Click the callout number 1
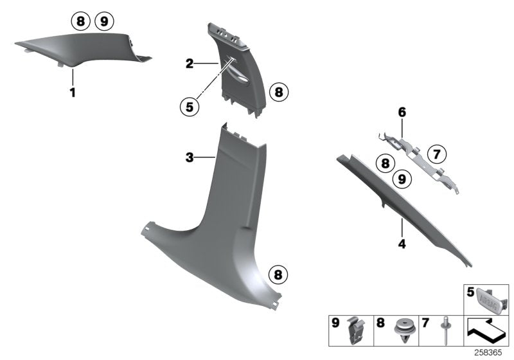coord(73,93)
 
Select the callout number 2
coord(190,63)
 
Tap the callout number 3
coord(190,157)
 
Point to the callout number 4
coord(401,244)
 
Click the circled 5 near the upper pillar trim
coord(190,107)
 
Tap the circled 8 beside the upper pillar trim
coord(278,93)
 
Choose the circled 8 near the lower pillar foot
coord(278,275)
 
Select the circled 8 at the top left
coord(80,22)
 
